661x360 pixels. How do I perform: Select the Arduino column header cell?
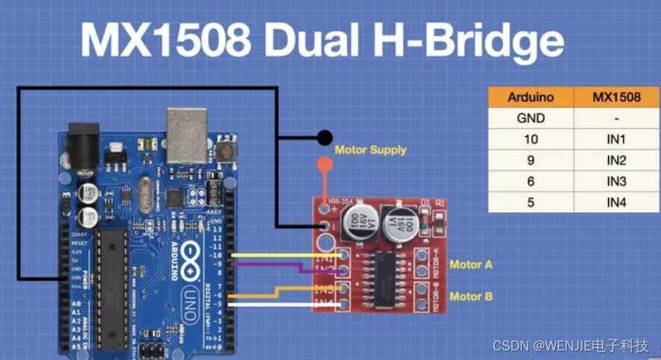531,97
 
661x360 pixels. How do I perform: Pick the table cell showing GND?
531,118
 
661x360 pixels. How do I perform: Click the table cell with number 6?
531,181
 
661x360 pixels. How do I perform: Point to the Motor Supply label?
370,150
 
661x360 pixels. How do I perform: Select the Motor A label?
470,264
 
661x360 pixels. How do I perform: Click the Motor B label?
470,296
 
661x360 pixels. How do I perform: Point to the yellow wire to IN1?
275,256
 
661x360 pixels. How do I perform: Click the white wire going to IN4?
275,305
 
